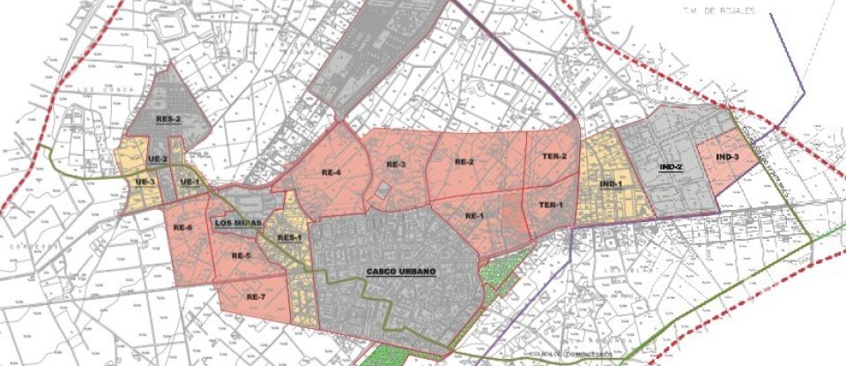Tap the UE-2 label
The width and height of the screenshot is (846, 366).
(x=159, y=159)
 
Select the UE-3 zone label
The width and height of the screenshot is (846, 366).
(x=145, y=182)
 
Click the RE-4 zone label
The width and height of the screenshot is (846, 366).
(x=330, y=173)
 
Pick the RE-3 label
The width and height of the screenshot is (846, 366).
(x=396, y=165)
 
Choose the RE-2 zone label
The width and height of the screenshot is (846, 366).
(x=464, y=161)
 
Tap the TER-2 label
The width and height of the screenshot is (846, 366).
(x=553, y=156)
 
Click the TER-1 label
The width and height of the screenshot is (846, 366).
(x=550, y=205)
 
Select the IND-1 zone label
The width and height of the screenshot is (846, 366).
(x=611, y=183)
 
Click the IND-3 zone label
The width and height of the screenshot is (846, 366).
(x=727, y=157)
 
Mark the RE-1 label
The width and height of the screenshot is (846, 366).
(x=475, y=216)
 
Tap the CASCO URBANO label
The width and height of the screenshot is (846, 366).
(x=401, y=271)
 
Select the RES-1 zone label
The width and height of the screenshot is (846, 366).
(x=290, y=238)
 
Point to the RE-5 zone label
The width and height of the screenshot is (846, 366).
(x=241, y=256)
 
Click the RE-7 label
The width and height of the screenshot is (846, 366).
(x=256, y=296)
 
